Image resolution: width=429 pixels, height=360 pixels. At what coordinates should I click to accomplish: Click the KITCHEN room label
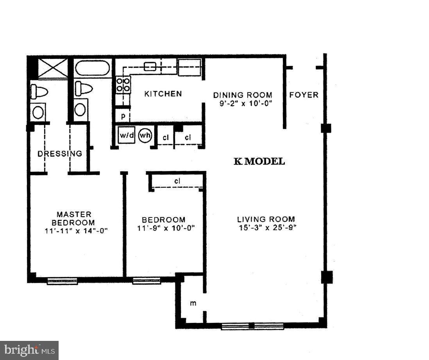163,94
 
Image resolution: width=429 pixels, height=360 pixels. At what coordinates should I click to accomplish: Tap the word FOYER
304,95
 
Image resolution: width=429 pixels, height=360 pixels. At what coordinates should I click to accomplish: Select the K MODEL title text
259,161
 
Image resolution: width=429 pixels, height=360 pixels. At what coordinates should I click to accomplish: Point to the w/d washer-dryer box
126,135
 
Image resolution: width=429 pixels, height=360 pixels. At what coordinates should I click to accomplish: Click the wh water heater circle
145,135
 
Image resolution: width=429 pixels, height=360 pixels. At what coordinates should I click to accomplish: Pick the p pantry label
123,116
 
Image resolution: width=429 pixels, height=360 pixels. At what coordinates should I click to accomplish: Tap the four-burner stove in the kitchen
123,85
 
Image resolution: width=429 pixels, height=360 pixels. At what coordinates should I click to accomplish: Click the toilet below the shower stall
39,91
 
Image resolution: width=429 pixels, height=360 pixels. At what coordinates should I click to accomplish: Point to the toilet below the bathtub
84,88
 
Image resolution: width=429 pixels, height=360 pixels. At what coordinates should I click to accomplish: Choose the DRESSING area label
60,154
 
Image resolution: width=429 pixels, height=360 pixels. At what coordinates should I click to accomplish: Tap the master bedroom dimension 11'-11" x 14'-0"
76,230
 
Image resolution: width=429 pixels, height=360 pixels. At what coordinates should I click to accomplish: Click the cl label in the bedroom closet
177,181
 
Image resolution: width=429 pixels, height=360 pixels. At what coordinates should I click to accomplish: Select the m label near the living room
193,303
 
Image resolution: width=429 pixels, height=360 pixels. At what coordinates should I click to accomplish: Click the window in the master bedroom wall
63,280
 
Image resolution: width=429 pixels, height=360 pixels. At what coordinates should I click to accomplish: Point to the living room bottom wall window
252,326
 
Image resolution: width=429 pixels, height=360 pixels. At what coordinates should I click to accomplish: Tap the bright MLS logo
29,350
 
